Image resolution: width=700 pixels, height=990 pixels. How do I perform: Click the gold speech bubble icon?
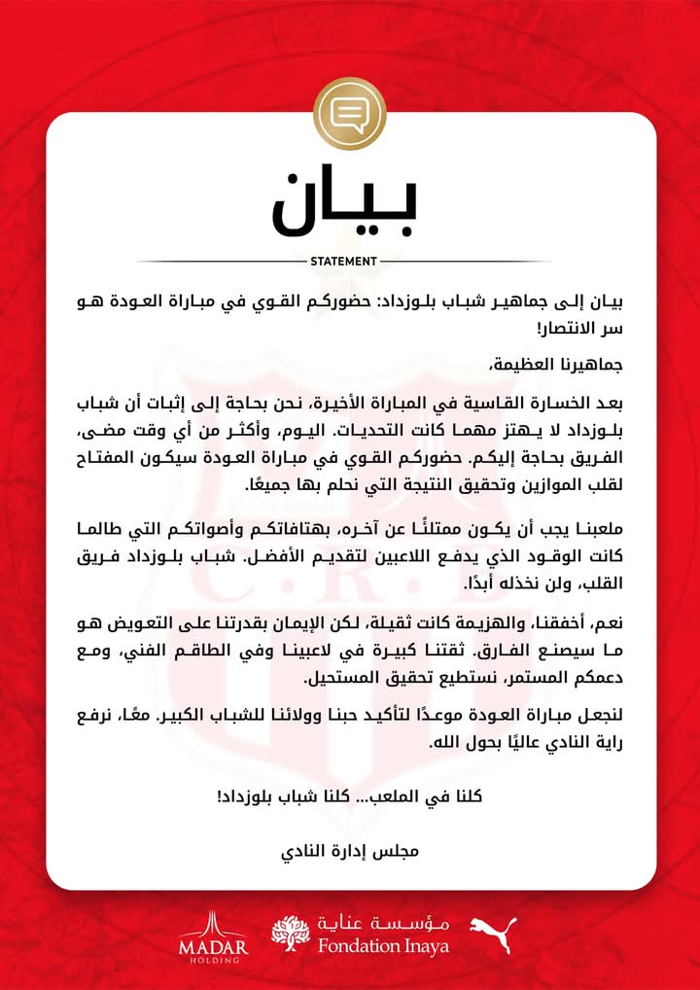(x=350, y=114)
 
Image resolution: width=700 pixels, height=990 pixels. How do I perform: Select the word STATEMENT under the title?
(x=342, y=262)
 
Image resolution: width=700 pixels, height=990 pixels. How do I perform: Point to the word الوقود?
(x=530, y=557)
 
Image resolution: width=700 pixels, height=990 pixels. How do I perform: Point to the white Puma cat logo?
(x=493, y=935)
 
